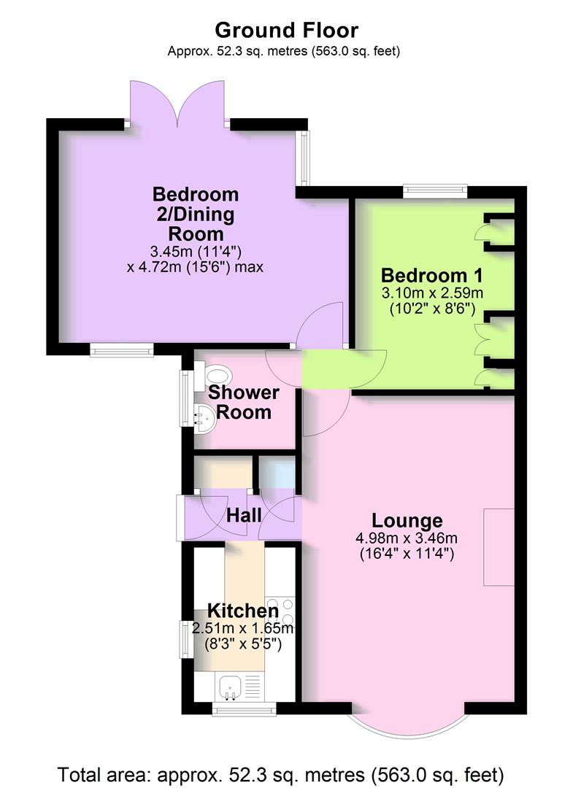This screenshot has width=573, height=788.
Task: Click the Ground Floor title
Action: [x=286, y=31]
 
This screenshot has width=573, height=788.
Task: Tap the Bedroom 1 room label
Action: [x=432, y=276]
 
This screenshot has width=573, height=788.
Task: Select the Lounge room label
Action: [x=407, y=521]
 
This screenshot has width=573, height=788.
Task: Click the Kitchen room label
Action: [x=242, y=611]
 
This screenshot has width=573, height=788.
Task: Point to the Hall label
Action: [x=244, y=515]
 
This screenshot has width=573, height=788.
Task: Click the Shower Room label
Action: [x=244, y=402]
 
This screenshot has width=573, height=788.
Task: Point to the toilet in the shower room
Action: [x=217, y=376]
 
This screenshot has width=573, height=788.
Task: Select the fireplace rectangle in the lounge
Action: [x=499, y=546]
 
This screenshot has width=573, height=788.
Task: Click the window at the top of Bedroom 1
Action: [x=435, y=191]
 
